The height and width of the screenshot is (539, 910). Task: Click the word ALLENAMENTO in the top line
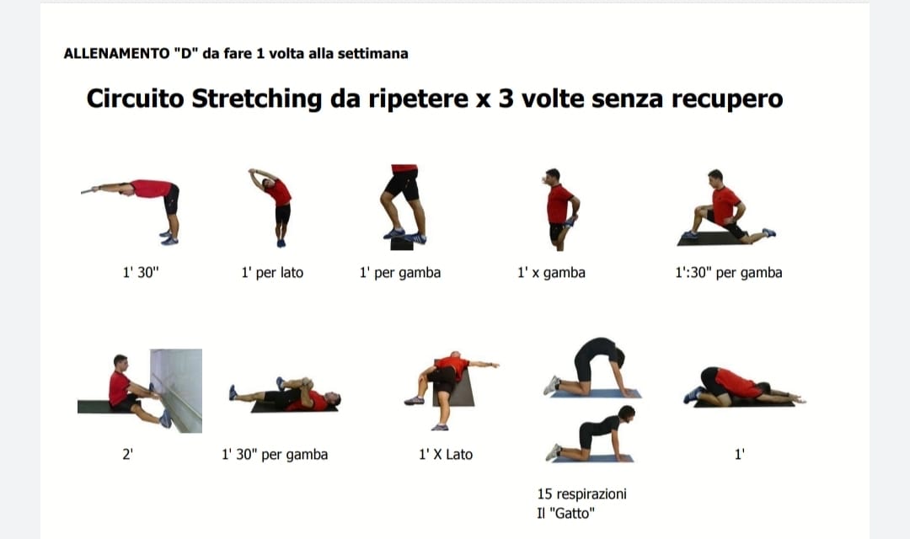[x=116, y=53]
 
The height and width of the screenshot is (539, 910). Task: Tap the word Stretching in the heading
[x=256, y=99]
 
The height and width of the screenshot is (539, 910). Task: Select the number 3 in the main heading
[x=506, y=99]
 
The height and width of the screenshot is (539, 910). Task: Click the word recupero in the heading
[x=727, y=99]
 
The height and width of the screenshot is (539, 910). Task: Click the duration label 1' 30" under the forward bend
[x=141, y=272]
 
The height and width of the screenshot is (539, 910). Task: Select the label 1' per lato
[x=272, y=273]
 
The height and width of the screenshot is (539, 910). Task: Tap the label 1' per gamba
[x=400, y=273]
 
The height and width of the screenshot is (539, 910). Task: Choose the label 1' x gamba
[x=551, y=273]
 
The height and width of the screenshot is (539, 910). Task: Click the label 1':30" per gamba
[x=728, y=273]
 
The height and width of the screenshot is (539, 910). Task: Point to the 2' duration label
[x=128, y=454]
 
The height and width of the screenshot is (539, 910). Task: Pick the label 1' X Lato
[x=446, y=454]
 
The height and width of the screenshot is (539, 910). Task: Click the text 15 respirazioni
[x=581, y=494]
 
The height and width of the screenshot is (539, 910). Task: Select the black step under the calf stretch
[x=402, y=244]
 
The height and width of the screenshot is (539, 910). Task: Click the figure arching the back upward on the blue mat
[x=593, y=366]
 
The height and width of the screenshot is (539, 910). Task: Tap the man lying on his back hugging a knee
[x=286, y=394]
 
